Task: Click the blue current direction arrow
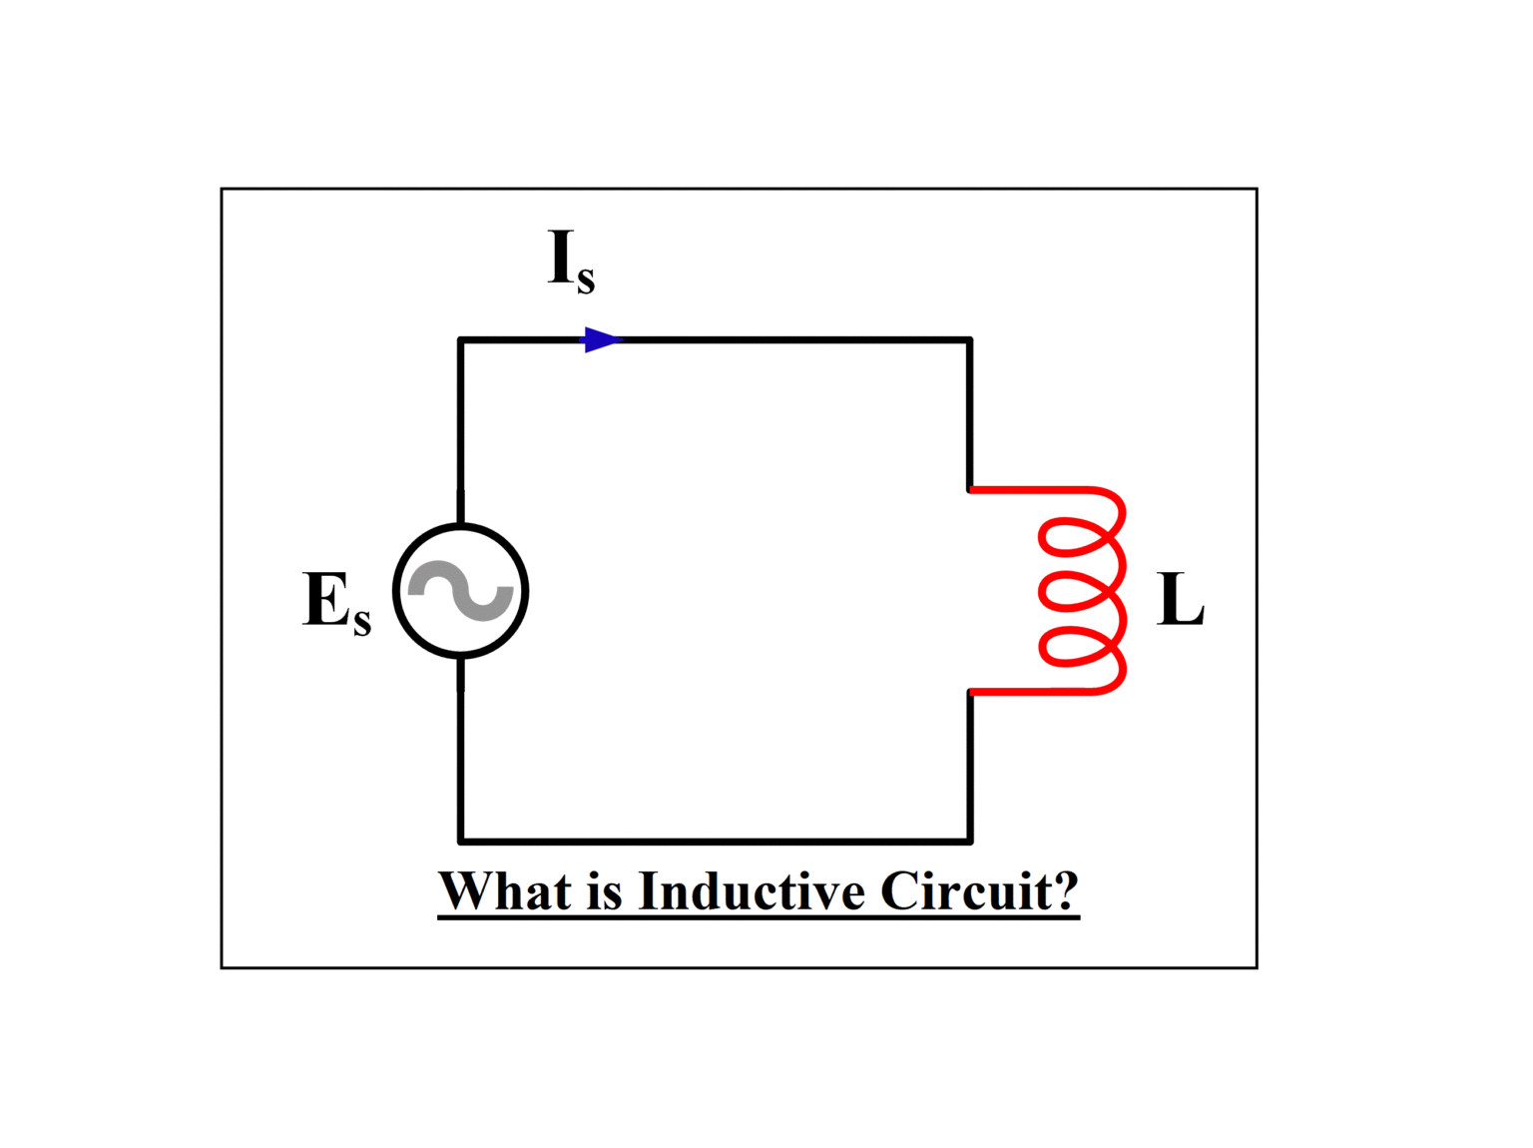tap(601, 340)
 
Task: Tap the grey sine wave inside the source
tap(461, 591)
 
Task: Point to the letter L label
tap(1181, 600)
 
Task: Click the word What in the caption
tap(505, 890)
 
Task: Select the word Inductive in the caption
tap(752, 890)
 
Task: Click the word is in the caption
tap(605, 890)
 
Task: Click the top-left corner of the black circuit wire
tap(461, 341)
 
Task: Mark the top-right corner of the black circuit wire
tap(969, 341)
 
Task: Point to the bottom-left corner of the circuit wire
tap(461, 841)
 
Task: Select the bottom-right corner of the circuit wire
tap(969, 841)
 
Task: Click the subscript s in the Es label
tap(361, 621)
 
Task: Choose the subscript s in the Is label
tap(586, 280)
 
